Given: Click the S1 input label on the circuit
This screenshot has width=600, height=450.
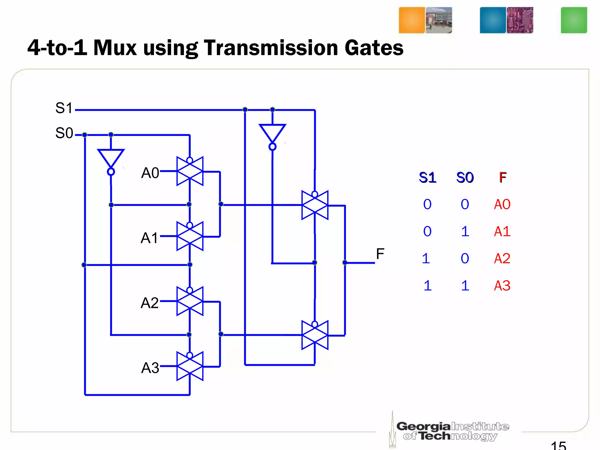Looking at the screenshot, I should tap(64, 108).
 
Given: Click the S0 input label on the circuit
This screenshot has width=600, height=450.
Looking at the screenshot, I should tap(64, 133).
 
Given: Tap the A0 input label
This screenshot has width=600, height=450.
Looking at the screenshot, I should tap(150, 173).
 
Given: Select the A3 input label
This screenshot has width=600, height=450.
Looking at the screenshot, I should tap(150, 368).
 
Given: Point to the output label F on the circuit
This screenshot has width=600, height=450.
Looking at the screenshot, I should tap(380, 254).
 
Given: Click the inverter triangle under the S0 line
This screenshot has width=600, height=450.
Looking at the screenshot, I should tap(111, 158).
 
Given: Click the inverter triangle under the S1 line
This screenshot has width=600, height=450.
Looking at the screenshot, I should tap(272, 133).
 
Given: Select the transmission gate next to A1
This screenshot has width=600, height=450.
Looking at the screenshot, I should tap(190, 236).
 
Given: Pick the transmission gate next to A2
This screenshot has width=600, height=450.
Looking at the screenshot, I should tap(190, 301).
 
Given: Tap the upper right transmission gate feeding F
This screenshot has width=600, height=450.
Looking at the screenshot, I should tap(315, 205).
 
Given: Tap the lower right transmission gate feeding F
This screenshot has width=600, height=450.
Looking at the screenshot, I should tap(315, 335).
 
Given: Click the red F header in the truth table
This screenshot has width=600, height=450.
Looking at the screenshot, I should tap(503, 178).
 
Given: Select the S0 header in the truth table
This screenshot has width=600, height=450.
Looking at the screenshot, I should tap(465, 178).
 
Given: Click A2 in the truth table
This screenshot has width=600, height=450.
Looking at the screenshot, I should tap(502, 258).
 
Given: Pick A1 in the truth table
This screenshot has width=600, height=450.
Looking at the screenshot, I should tap(502, 231).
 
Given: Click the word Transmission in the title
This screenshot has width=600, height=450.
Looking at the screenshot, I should tap(271, 48).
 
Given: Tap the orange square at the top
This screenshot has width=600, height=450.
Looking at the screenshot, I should tap(412, 20).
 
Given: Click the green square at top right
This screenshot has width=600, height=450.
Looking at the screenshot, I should tap(574, 20).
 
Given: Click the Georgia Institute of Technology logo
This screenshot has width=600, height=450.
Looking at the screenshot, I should tap(451, 431).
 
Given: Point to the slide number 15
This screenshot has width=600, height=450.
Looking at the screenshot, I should tap(558, 445).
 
